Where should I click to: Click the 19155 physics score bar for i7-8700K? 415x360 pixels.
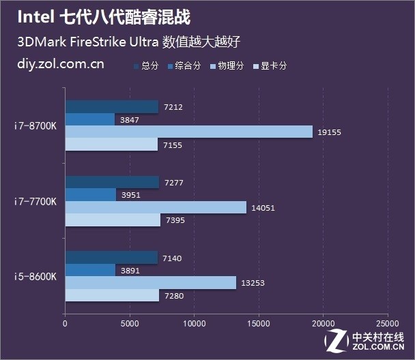click(188, 132)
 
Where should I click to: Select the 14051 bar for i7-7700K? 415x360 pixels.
click(156, 207)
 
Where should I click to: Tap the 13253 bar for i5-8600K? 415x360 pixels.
click(150, 282)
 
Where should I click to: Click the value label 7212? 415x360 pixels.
click(174, 107)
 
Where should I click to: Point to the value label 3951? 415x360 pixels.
click(130, 195)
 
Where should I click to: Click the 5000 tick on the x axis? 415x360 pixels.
click(129, 324)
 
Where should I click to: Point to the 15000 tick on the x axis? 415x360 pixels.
click(258, 324)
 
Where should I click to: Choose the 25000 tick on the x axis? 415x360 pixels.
click(387, 324)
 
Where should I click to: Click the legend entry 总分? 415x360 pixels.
click(146, 66)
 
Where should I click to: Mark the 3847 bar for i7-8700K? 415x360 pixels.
click(90, 119)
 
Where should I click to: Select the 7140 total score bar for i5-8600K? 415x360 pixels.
click(111, 257)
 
